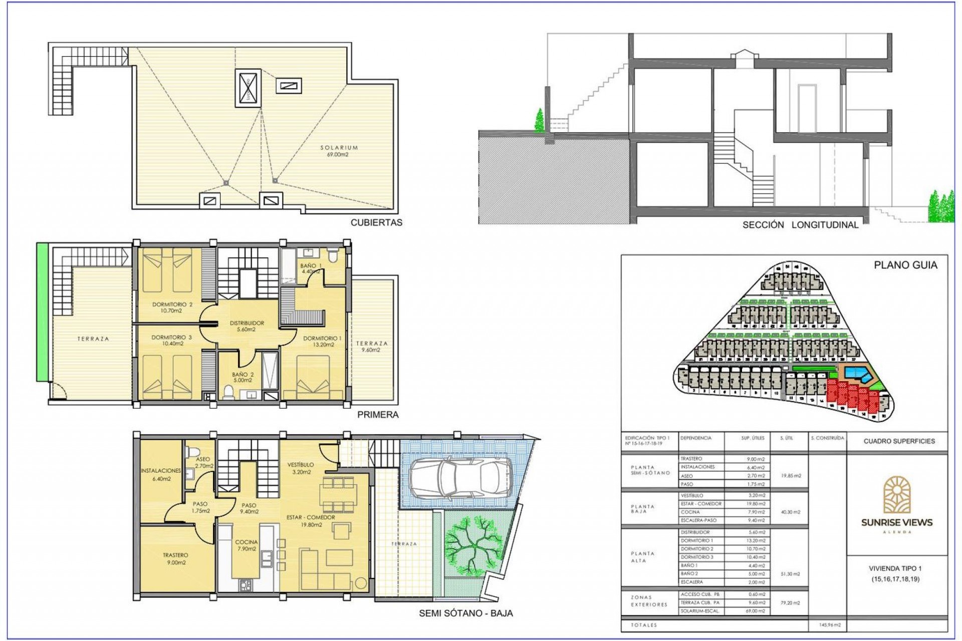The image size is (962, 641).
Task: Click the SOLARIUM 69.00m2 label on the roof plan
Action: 339,151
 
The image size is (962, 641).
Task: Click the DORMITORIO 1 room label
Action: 322,341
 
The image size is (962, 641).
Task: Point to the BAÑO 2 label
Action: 243,377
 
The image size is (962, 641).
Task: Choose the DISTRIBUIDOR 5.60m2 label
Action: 247,326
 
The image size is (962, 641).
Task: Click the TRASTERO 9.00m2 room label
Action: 175,558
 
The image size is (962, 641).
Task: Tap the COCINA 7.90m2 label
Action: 246,545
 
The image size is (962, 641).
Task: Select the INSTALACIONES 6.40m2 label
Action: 161,474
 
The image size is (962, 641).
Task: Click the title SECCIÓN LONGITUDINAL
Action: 800,225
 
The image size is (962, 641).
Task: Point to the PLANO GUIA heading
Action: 905,265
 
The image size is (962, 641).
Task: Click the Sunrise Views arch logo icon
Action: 896,495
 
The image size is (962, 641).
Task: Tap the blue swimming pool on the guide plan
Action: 857,373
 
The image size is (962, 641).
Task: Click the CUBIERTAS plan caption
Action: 376,222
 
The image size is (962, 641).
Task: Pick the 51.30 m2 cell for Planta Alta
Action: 790,574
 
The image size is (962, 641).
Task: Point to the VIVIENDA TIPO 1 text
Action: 896,568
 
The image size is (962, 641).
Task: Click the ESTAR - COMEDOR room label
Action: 311,521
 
